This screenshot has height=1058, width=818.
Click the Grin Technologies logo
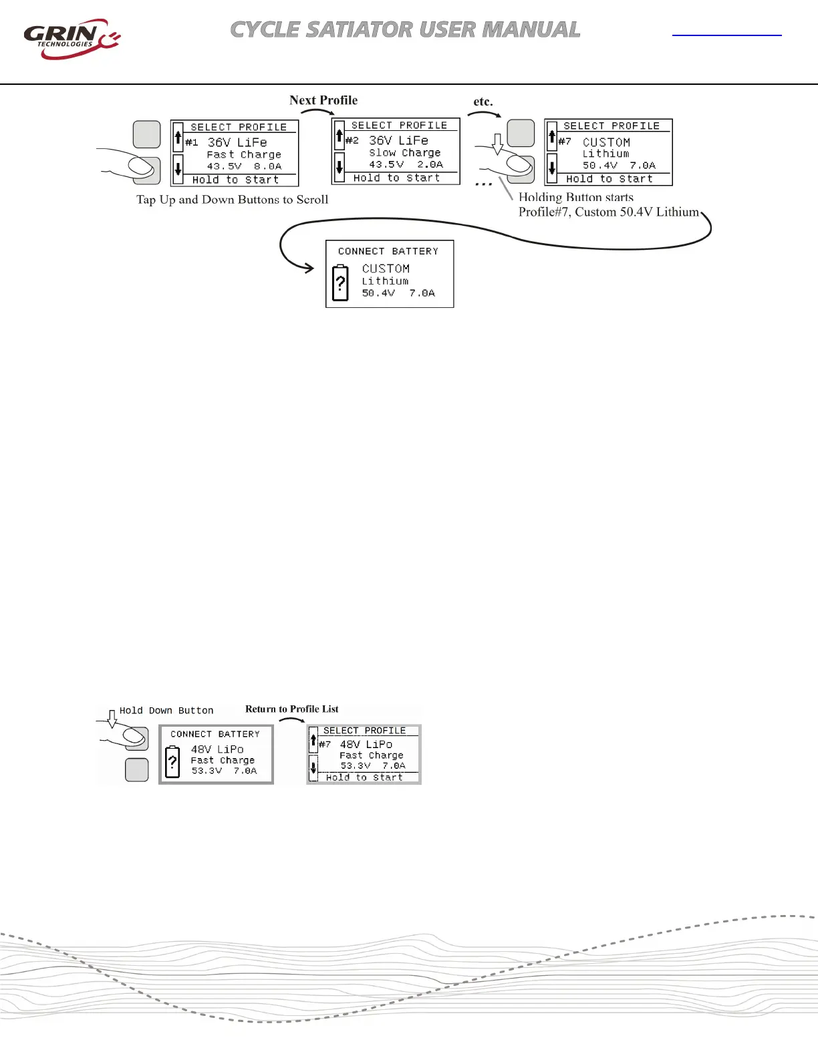[71, 39]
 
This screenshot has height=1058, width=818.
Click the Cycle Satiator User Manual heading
[405, 30]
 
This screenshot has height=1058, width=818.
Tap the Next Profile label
[323, 100]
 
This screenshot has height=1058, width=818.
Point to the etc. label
[483, 102]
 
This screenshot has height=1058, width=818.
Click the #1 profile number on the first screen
[192, 142]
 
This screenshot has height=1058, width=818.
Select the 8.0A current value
[267, 166]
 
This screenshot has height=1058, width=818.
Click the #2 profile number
[352, 140]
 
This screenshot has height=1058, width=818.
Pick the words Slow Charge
[404, 153]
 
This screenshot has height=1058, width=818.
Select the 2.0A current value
[430, 164]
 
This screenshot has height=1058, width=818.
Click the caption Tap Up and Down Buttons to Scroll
[232, 200]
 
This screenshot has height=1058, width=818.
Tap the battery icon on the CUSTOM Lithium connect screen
[340, 283]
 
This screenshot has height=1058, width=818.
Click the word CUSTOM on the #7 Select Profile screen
[606, 142]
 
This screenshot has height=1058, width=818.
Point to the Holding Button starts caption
[576, 197]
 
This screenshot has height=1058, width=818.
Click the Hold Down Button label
[166, 711]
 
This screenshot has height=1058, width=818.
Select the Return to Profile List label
[291, 709]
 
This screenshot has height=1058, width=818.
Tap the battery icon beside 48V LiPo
[172, 762]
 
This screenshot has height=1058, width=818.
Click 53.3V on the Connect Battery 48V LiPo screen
[207, 771]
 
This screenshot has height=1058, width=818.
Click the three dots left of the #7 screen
[483, 184]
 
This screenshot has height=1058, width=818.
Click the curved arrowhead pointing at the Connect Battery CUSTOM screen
[309, 269]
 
